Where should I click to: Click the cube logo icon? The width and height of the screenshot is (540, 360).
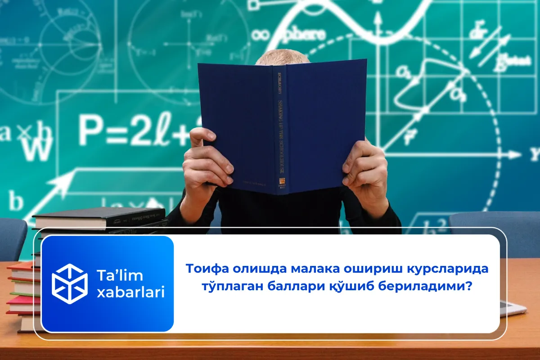[69, 283]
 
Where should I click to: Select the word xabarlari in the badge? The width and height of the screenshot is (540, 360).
[130, 292]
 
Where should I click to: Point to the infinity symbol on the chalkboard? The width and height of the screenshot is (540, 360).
[262, 34]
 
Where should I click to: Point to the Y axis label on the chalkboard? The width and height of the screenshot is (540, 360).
[535, 155]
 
